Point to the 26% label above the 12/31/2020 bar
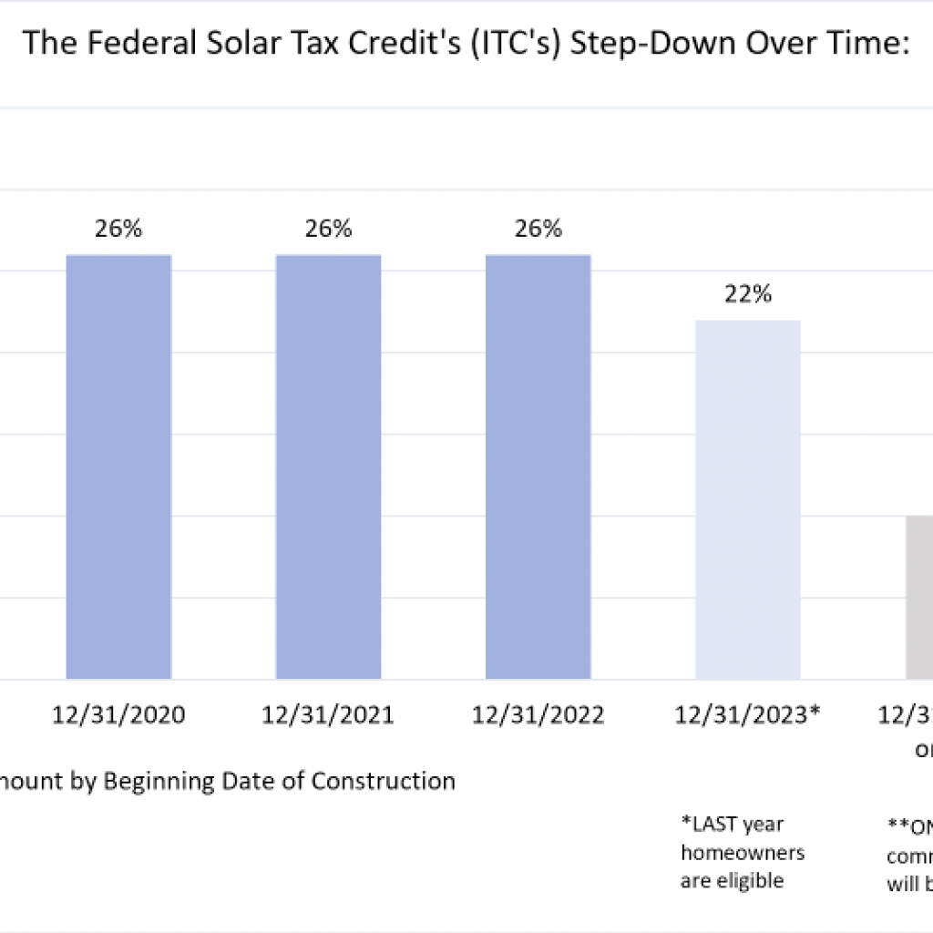pyautogui.click(x=118, y=229)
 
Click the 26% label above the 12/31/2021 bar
pyautogui.click(x=328, y=229)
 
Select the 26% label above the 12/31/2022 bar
pyautogui.click(x=538, y=229)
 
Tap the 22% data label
pyautogui.click(x=748, y=294)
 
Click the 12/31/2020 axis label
pyautogui.click(x=118, y=715)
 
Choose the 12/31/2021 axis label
pyautogui.click(x=328, y=715)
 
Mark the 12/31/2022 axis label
pyautogui.click(x=538, y=715)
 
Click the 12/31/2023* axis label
pyautogui.click(x=748, y=715)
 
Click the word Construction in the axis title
pyautogui.click(x=383, y=781)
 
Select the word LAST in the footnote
pyautogui.click(x=713, y=825)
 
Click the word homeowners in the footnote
pyautogui.click(x=743, y=853)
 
